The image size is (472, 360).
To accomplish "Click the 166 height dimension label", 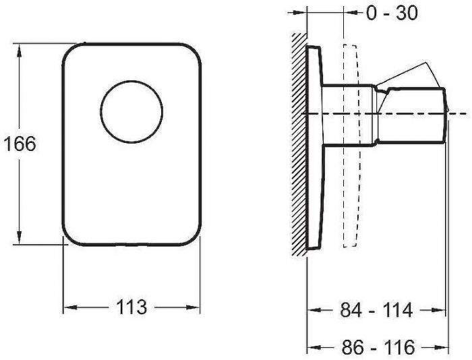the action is [x=20, y=144].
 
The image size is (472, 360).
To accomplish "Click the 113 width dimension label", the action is [x=131, y=307].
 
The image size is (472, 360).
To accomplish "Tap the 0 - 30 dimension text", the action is [x=392, y=13].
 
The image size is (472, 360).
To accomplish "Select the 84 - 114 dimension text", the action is [x=376, y=309].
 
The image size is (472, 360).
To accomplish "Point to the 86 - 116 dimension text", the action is [x=378, y=347].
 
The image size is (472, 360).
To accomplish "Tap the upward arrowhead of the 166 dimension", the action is [x=20, y=50].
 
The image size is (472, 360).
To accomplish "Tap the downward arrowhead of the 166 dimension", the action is [x=20, y=237].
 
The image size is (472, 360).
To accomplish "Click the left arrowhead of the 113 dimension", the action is [x=71, y=307].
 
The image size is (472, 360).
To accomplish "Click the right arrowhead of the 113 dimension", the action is [x=193, y=307].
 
